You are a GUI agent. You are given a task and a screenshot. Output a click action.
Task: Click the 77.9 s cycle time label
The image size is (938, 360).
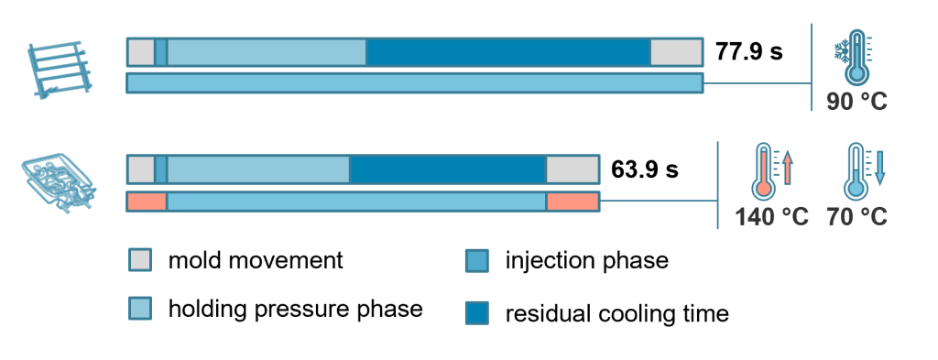tap(748, 52)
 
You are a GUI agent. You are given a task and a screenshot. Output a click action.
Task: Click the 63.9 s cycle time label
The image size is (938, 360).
tap(644, 169)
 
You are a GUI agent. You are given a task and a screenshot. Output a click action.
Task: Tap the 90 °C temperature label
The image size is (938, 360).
tap(856, 101)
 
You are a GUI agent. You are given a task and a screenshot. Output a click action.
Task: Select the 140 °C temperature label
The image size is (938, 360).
tap(771, 216)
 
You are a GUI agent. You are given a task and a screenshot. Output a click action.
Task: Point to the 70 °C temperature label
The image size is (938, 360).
tap(856, 216)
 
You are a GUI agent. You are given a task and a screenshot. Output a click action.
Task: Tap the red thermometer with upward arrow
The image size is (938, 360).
tap(772, 171)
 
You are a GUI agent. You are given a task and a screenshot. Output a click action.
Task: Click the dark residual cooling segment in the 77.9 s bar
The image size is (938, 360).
tap(507, 52)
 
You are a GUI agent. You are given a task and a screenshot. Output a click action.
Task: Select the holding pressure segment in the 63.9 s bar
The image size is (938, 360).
tap(257, 169)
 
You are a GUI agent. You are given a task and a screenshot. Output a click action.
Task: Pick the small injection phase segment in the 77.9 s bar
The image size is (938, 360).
tap(161, 52)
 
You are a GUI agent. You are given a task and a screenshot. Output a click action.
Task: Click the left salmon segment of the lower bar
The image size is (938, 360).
tap(147, 202)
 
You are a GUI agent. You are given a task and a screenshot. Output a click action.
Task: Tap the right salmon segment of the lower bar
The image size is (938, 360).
tap(573, 202)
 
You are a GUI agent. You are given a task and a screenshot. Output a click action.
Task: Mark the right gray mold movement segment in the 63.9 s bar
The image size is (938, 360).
tap(573, 169)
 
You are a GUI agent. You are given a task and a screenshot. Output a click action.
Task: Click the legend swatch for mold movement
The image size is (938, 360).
tap(140, 261)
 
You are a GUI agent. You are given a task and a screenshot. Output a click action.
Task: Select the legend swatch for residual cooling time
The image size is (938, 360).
tap(476, 312)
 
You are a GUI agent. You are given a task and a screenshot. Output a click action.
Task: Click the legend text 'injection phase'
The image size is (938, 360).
tap(587, 261)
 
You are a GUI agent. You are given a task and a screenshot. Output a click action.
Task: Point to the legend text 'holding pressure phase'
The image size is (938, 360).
tap(296, 310)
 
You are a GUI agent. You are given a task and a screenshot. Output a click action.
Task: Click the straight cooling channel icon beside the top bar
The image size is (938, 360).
tap(60, 70)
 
